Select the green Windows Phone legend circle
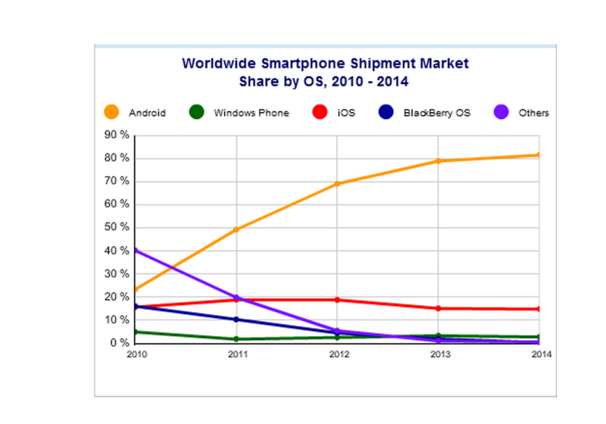(196, 113)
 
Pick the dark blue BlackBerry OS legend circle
(385, 113)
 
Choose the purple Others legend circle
(500, 113)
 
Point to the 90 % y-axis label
(117, 136)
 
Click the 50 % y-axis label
(117, 228)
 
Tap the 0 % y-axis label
(119, 344)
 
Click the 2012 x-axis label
(337, 354)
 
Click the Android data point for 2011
(236, 229)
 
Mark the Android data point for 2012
(337, 184)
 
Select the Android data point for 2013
(439, 161)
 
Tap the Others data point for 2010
(136, 251)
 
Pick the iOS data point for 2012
(337, 300)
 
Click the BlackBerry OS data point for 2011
(236, 320)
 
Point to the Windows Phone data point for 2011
(236, 339)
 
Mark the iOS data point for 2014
(539, 309)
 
